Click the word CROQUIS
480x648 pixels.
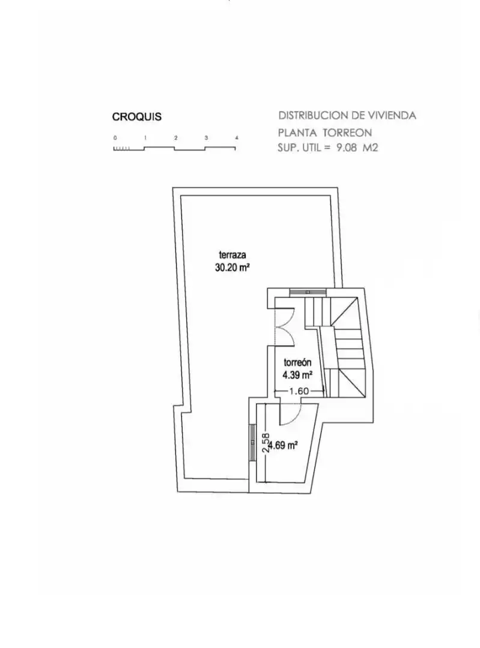click(136, 116)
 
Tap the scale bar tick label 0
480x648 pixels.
click(115, 137)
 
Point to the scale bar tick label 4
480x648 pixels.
click(236, 137)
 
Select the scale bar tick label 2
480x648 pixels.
click(176, 137)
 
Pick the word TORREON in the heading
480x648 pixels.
click(347, 133)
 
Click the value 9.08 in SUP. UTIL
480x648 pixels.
click(347, 148)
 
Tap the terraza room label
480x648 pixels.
click(232, 255)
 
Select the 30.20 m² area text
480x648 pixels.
click(232, 268)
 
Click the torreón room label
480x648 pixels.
click(297, 362)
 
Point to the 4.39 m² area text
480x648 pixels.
click(297, 375)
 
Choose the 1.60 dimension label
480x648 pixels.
click(299, 391)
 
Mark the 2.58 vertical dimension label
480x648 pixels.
click(266, 443)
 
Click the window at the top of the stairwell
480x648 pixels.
click(308, 292)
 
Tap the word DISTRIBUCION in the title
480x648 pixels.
click(313, 115)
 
